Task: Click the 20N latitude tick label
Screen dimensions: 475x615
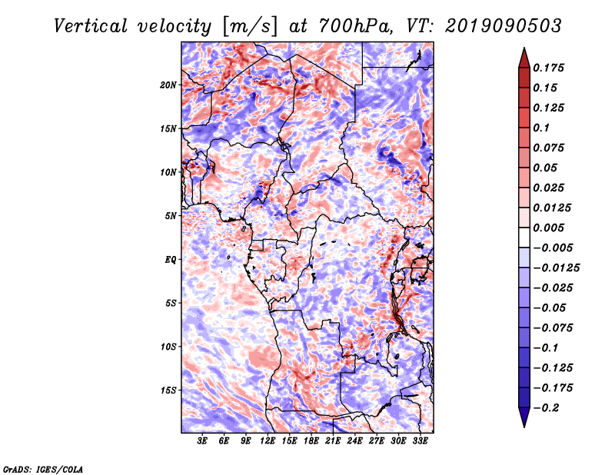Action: pyautogui.click(x=168, y=85)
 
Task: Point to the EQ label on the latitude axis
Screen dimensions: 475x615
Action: pyautogui.click(x=170, y=260)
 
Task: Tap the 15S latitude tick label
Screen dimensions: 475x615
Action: pyautogui.click(x=168, y=390)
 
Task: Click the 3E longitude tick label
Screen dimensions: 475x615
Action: pyautogui.click(x=202, y=441)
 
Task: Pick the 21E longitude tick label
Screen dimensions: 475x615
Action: pyautogui.click(x=333, y=441)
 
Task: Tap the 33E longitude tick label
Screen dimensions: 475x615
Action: pyautogui.click(x=420, y=441)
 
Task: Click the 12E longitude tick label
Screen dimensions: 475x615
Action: pyautogui.click(x=268, y=441)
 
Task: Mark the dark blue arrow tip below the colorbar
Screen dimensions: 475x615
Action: pyautogui.click(x=524, y=422)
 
